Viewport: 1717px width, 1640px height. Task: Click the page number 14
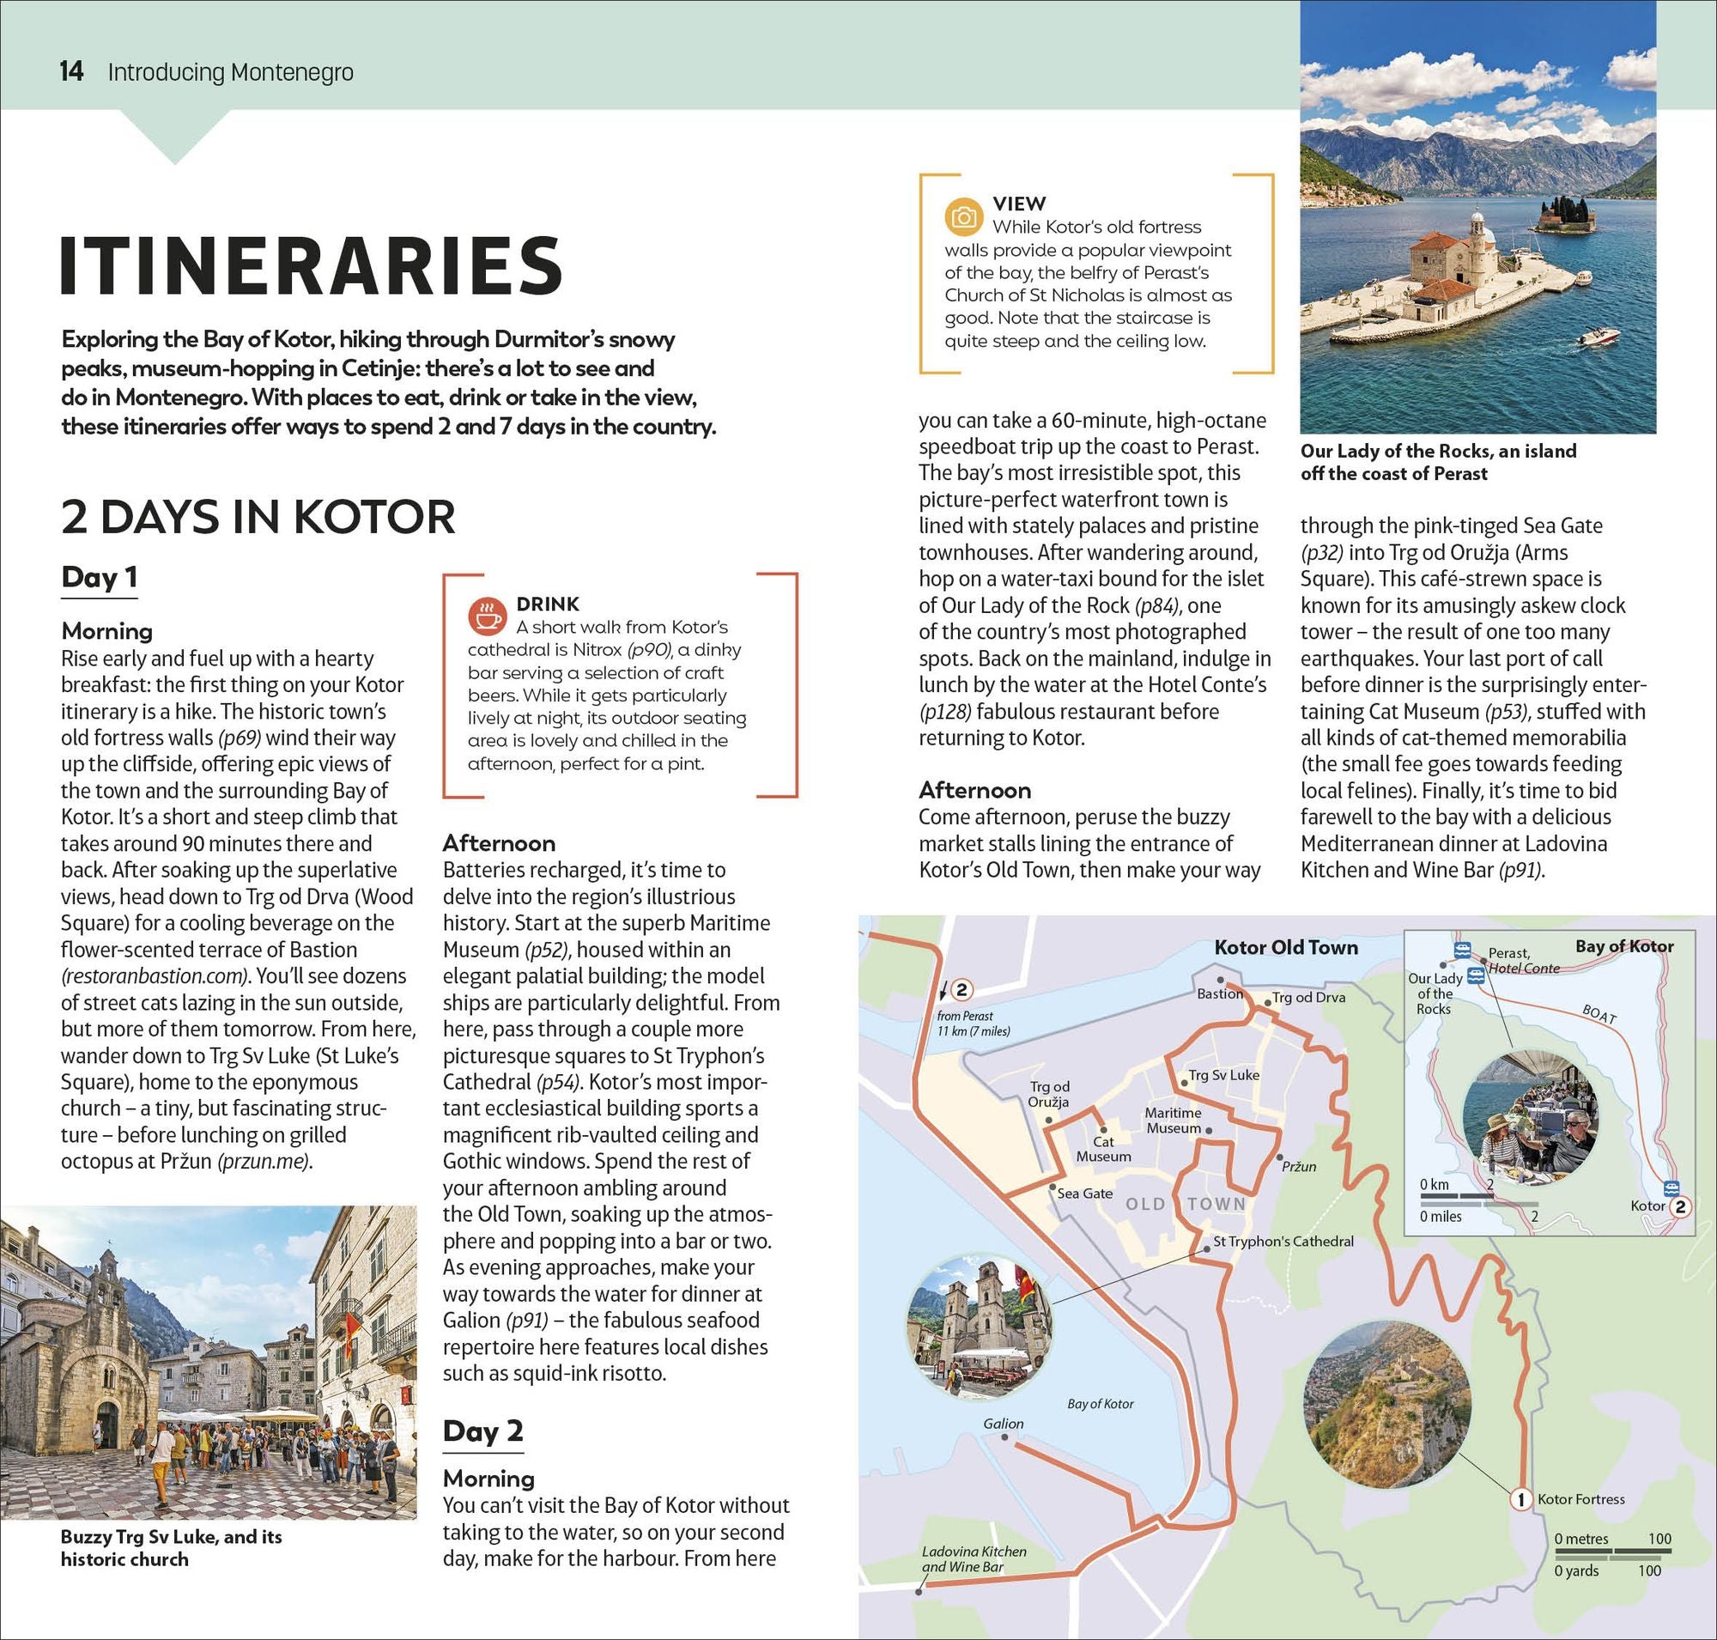pyautogui.click(x=72, y=70)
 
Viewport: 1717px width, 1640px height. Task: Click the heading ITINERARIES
pyautogui.click(x=312, y=266)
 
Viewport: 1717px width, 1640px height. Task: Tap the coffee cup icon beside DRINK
pyautogui.click(x=487, y=616)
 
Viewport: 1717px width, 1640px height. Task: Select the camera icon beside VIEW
pyautogui.click(x=963, y=216)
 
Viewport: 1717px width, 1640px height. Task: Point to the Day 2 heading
pyautogui.click(x=482, y=1430)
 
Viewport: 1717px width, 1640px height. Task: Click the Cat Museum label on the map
pyautogui.click(x=1103, y=1149)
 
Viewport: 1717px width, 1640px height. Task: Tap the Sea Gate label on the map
pyautogui.click(x=1084, y=1193)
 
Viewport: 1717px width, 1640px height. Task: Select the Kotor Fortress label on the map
pyautogui.click(x=1580, y=1498)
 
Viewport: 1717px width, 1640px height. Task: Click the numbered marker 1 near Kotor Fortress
pyautogui.click(x=1520, y=1499)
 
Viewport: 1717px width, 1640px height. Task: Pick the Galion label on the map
pyautogui.click(x=1003, y=1424)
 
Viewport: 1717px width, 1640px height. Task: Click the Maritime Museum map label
pyautogui.click(x=1174, y=1120)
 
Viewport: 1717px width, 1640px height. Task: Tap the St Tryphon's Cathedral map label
pyautogui.click(x=1283, y=1241)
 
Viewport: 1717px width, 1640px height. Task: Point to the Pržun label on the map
pyautogui.click(x=1298, y=1166)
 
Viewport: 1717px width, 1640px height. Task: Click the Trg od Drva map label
pyautogui.click(x=1307, y=997)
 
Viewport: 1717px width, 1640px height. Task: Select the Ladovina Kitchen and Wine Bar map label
pyautogui.click(x=974, y=1558)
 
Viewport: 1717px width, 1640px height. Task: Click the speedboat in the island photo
pyautogui.click(x=1599, y=335)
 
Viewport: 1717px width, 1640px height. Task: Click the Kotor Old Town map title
pyautogui.click(x=1286, y=947)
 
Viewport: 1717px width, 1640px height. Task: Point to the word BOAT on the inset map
pyautogui.click(x=1599, y=1013)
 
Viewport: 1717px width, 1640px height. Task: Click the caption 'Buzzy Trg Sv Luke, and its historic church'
pyautogui.click(x=172, y=1547)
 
